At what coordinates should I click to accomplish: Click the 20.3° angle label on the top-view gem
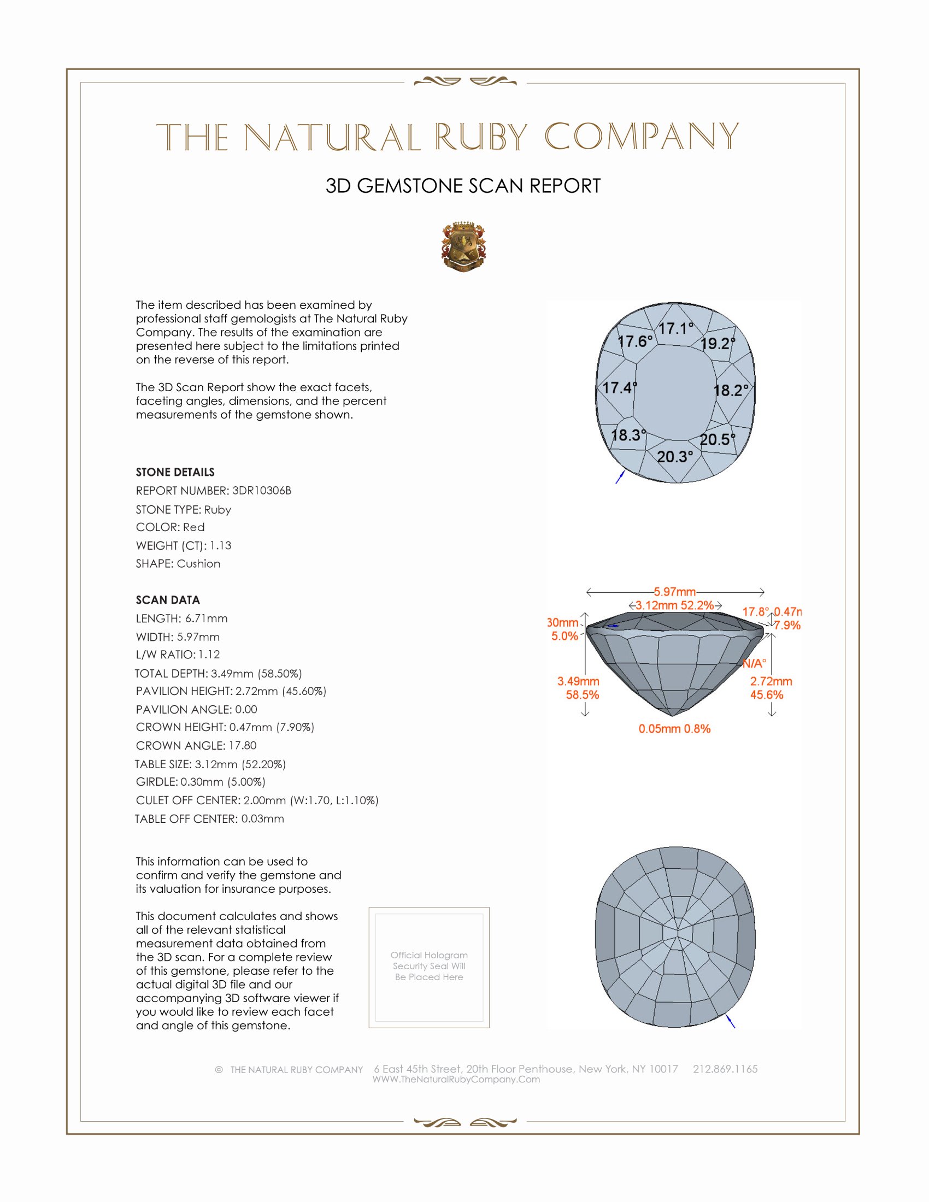point(675,457)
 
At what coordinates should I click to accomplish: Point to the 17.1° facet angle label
point(676,328)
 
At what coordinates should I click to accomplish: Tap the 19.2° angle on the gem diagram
point(718,344)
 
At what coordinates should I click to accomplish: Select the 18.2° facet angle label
point(731,391)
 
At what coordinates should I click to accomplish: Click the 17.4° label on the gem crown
point(619,388)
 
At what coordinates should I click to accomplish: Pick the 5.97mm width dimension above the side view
point(675,592)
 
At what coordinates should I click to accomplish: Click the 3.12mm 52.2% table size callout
point(675,605)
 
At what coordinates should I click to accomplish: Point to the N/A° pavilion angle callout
point(754,663)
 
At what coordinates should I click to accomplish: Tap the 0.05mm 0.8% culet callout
point(674,729)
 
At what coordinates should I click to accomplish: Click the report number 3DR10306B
point(261,491)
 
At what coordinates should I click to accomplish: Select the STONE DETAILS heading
point(175,472)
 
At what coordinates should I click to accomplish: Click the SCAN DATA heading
point(168,600)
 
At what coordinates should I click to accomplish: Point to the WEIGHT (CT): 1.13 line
point(183,545)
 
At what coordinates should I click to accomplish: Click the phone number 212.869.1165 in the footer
point(725,1069)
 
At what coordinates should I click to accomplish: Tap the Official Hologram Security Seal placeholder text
point(429,966)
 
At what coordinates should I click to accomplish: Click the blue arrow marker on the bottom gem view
point(731,1022)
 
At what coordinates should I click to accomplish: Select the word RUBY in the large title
point(481,137)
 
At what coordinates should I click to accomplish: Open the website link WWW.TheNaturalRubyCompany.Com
point(456,1079)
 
